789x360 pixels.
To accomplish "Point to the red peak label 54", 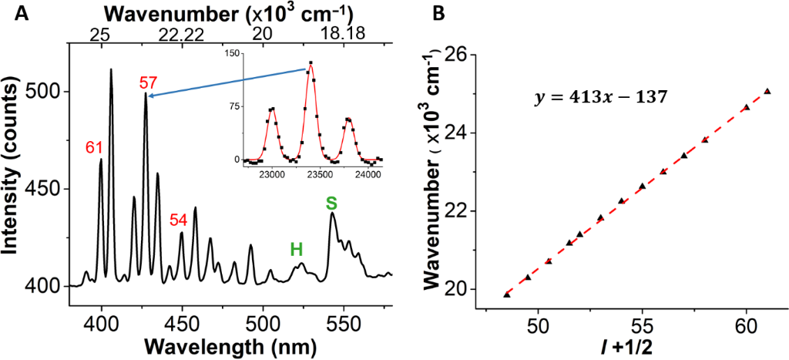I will point(179,220).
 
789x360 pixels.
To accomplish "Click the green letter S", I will point(331,204).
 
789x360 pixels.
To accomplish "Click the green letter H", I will point(296,249).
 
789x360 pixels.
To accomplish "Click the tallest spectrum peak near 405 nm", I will point(111,70).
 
